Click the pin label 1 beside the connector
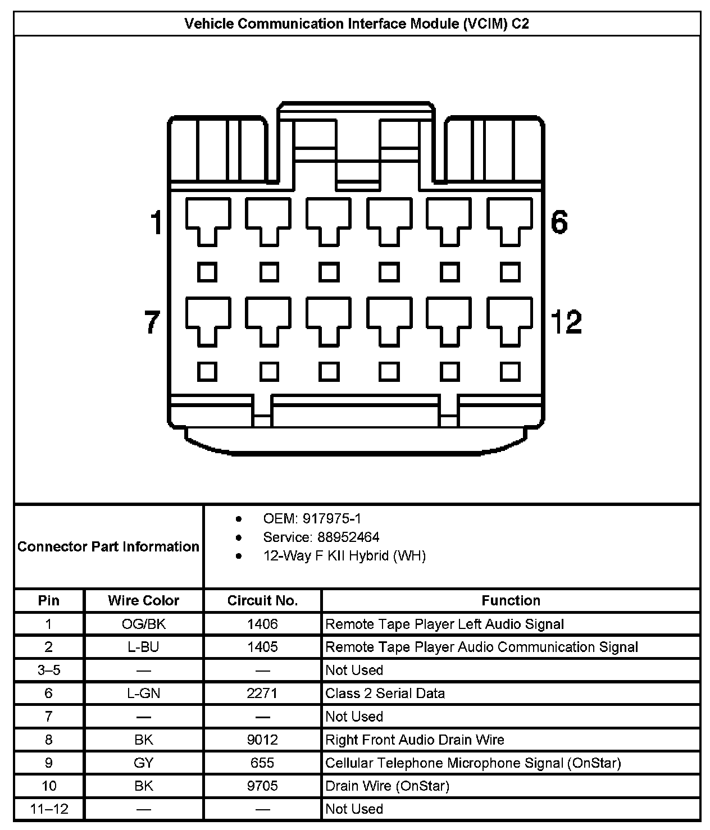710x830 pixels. tap(156, 222)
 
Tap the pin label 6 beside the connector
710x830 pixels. tap(559, 222)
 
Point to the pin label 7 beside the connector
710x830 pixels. tap(153, 322)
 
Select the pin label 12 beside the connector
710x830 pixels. tap(566, 322)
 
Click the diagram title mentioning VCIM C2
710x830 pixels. tap(357, 24)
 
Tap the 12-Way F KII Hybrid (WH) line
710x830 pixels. tap(344, 556)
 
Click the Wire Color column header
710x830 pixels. tap(143, 600)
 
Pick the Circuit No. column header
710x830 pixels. tap(262, 600)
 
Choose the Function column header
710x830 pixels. tap(511, 600)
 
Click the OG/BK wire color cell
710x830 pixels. tap(143, 624)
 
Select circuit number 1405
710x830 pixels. tap(262, 647)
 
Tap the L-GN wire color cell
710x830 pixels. tap(143, 694)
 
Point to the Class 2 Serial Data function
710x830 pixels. tap(385, 694)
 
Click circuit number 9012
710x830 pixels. tap(262, 740)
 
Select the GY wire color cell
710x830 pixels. tap(143, 763)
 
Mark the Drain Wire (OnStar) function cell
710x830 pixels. tap(387, 786)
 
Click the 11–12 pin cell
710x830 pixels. tap(49, 809)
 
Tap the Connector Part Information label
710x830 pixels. tap(108, 546)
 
